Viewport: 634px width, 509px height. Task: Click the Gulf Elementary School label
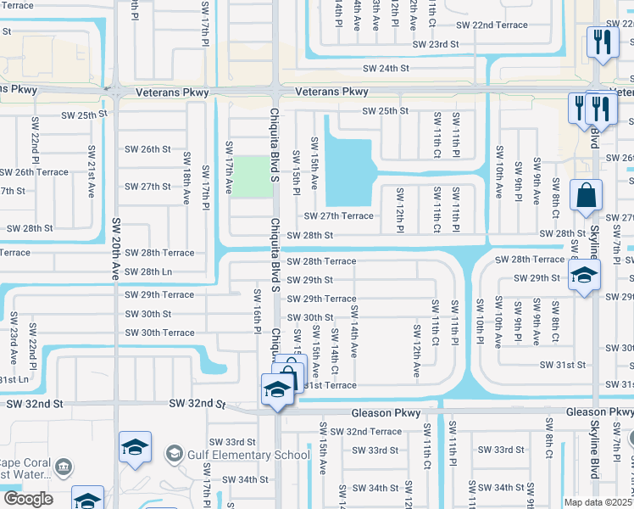tap(249, 455)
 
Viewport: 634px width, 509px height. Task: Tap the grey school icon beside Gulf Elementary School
tap(175, 454)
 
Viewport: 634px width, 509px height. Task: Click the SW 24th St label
tap(386, 68)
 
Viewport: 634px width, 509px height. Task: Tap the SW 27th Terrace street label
tap(338, 216)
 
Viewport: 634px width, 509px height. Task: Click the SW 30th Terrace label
tap(159, 333)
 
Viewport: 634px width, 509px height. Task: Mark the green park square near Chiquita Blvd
tap(249, 176)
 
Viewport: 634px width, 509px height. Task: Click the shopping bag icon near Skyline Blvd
tap(586, 196)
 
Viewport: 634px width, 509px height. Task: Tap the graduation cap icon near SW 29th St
tap(584, 275)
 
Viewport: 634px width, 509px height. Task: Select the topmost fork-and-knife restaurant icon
tap(602, 42)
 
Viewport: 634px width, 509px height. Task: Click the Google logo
tap(27, 499)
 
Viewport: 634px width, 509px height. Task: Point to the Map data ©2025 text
tap(598, 502)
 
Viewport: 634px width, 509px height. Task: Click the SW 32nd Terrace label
tap(366, 432)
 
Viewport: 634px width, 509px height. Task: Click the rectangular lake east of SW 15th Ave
tap(348, 170)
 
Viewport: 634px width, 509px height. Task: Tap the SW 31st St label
tap(564, 365)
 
